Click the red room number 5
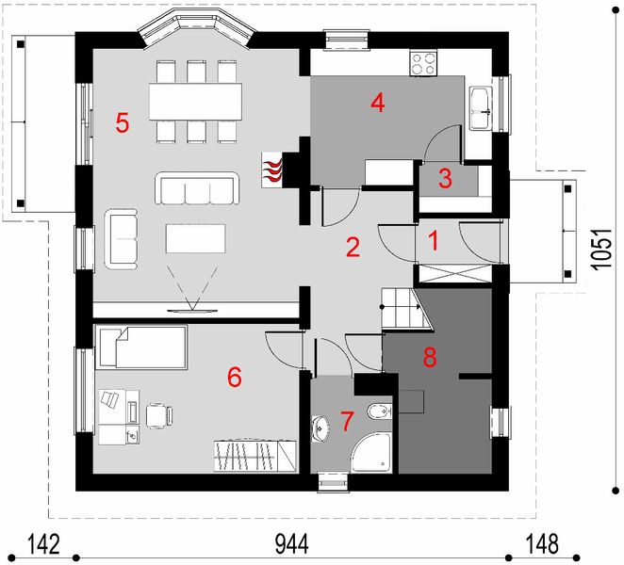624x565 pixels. tap(123, 122)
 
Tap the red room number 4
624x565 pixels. tap(378, 103)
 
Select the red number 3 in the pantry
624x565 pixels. tap(445, 178)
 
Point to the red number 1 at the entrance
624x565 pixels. tap(434, 241)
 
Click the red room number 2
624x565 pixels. tap(353, 247)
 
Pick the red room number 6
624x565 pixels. tap(235, 377)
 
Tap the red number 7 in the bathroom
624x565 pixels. tap(347, 422)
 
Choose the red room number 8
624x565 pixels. tap(430, 357)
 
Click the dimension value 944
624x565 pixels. tap(291, 544)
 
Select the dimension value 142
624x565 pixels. tap(43, 544)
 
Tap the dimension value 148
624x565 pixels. tap(542, 544)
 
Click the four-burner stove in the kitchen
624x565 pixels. tap(422, 63)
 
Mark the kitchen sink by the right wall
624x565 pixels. tap(481, 108)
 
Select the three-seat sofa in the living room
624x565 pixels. tap(197, 188)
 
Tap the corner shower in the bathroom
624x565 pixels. tap(372, 453)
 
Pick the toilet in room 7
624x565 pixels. tap(379, 412)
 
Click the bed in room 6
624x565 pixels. tap(141, 347)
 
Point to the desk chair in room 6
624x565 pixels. tap(159, 416)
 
